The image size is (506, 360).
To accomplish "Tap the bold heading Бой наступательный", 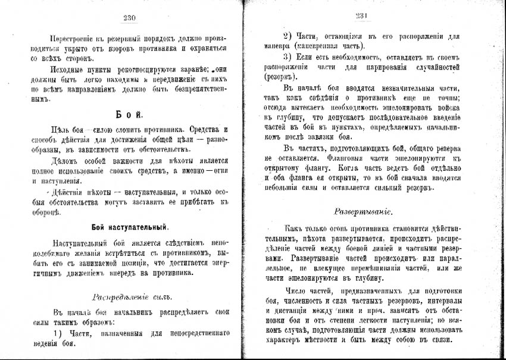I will click(130, 227).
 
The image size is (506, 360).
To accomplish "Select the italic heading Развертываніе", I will click(363, 211).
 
